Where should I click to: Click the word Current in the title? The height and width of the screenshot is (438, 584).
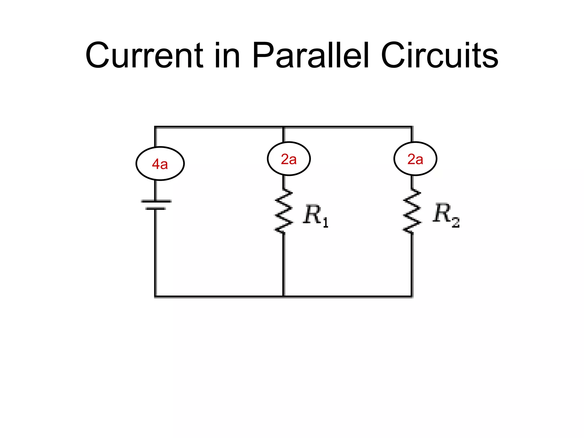tap(144, 56)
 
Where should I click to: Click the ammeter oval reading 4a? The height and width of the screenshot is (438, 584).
tap(160, 164)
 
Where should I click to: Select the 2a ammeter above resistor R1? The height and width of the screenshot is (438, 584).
tap(289, 159)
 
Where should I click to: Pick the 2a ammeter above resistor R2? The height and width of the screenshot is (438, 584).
tap(415, 159)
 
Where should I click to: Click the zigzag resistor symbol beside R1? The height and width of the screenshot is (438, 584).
tap(283, 211)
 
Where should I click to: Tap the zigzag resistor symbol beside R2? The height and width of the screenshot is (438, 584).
tap(412, 211)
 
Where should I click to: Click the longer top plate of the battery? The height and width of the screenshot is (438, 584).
tap(156, 201)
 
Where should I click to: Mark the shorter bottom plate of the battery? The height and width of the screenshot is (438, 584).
tap(155, 209)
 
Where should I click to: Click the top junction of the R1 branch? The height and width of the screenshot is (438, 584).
tap(283, 127)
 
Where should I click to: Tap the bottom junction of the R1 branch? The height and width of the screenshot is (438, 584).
tap(283, 297)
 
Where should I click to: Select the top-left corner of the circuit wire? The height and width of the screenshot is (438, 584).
tap(155, 127)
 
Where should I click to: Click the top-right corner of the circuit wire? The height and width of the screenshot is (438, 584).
tap(412, 127)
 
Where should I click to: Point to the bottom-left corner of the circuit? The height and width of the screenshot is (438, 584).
tap(155, 297)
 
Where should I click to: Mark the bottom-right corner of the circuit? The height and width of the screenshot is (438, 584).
tap(412, 297)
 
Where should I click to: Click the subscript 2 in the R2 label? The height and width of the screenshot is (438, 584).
tap(456, 223)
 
